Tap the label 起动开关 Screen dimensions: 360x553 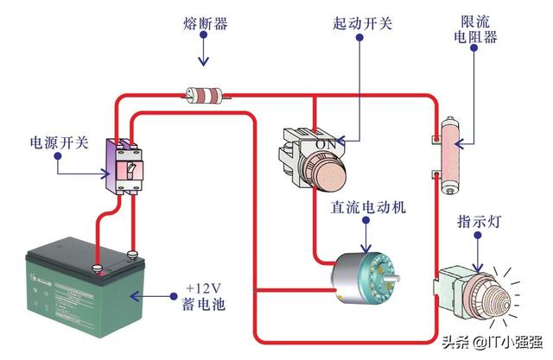(x=362, y=24)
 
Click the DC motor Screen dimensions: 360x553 (x=362, y=271)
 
